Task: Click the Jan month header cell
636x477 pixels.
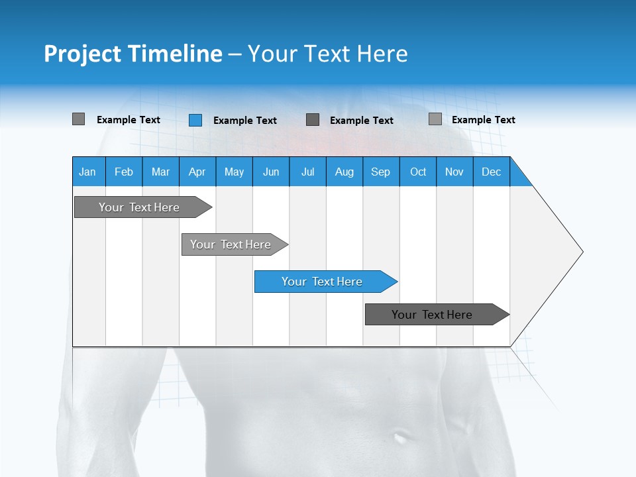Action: point(88,172)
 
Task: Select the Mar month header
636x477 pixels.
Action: point(160,172)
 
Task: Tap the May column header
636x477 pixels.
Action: point(234,172)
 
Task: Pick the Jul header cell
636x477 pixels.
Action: point(307,172)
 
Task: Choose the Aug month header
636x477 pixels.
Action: point(344,172)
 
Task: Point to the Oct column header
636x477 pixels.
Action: point(417,172)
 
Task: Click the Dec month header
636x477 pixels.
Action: point(491,172)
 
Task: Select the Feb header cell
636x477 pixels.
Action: point(124,172)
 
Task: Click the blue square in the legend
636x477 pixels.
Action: point(195,120)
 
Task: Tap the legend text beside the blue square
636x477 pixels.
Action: point(244,121)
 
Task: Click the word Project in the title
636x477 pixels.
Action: point(81,54)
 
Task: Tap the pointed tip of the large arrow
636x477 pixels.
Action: point(581,252)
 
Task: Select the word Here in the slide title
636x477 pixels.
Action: point(382,54)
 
